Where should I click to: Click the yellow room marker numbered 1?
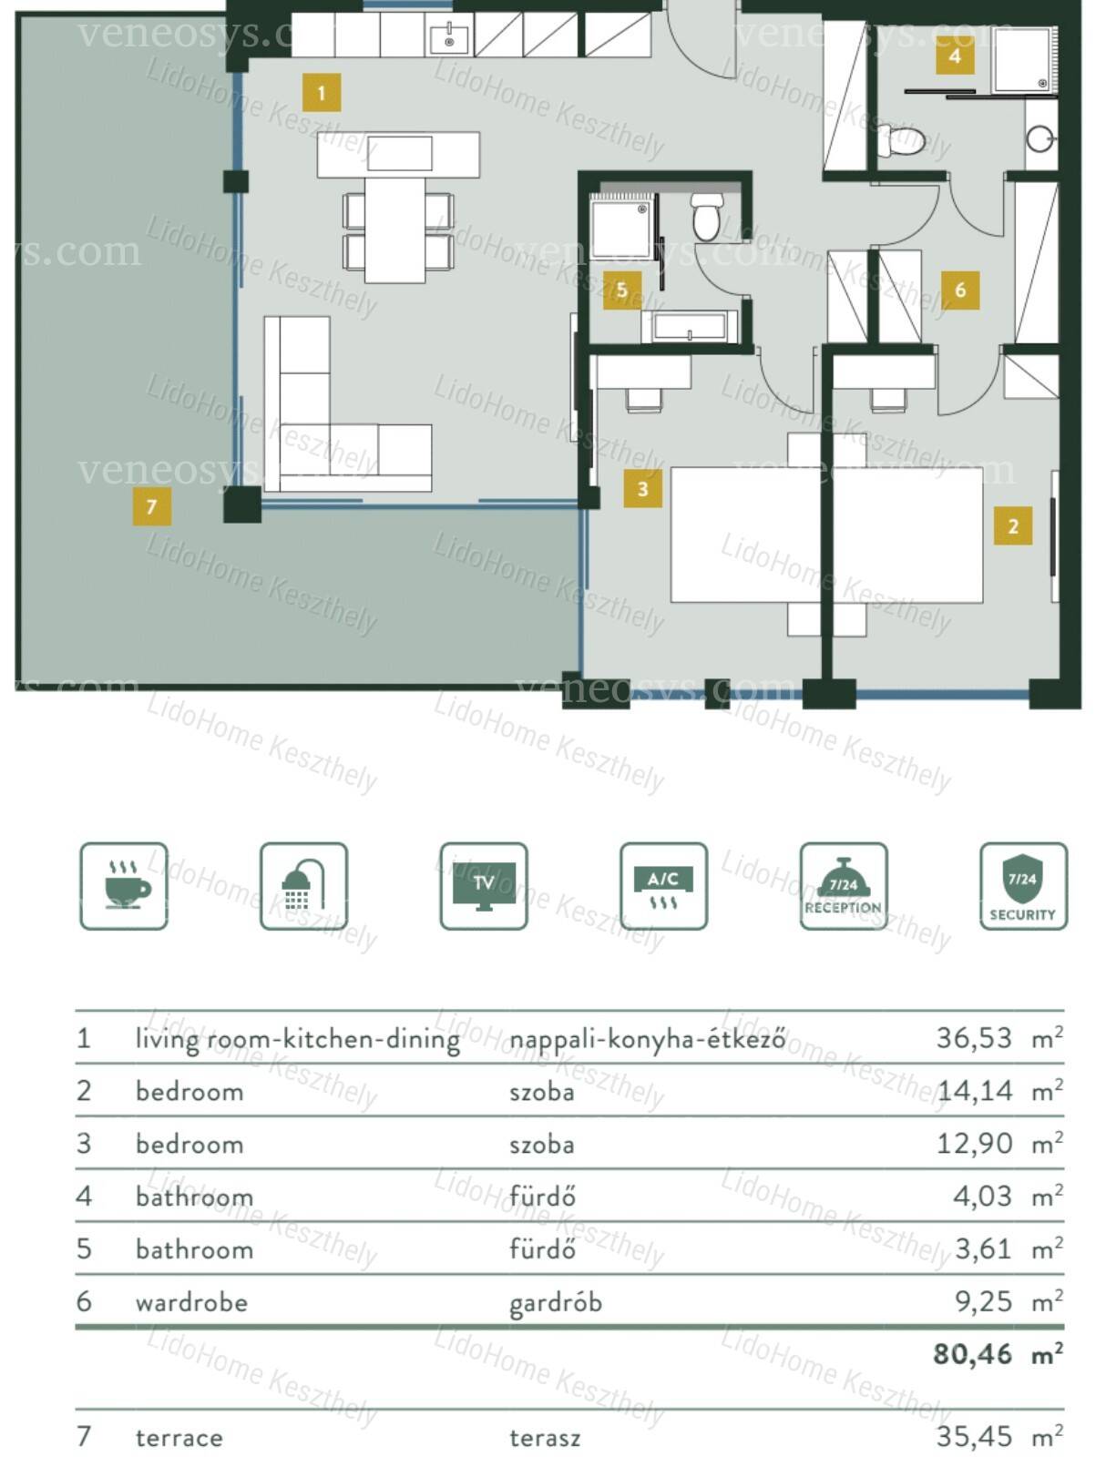(322, 92)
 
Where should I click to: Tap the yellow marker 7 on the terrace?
(152, 506)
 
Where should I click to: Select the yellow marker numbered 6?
(960, 290)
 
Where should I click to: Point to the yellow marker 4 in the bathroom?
(956, 56)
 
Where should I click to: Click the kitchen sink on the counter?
(449, 38)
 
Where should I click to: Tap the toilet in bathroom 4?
(902, 140)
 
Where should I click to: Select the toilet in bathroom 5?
(706, 217)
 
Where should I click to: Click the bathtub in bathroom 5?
(689, 327)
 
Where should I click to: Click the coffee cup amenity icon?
(124, 886)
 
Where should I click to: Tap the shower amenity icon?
(304, 886)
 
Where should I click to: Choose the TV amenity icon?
(484, 886)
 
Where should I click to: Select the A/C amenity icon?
(664, 886)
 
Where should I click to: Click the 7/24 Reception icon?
(844, 886)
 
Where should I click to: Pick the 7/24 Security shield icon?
(1024, 886)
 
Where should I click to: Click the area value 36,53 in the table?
(975, 1038)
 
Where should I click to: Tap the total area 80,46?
(973, 1354)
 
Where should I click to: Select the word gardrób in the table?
(556, 1303)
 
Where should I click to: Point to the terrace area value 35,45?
(975, 1437)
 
